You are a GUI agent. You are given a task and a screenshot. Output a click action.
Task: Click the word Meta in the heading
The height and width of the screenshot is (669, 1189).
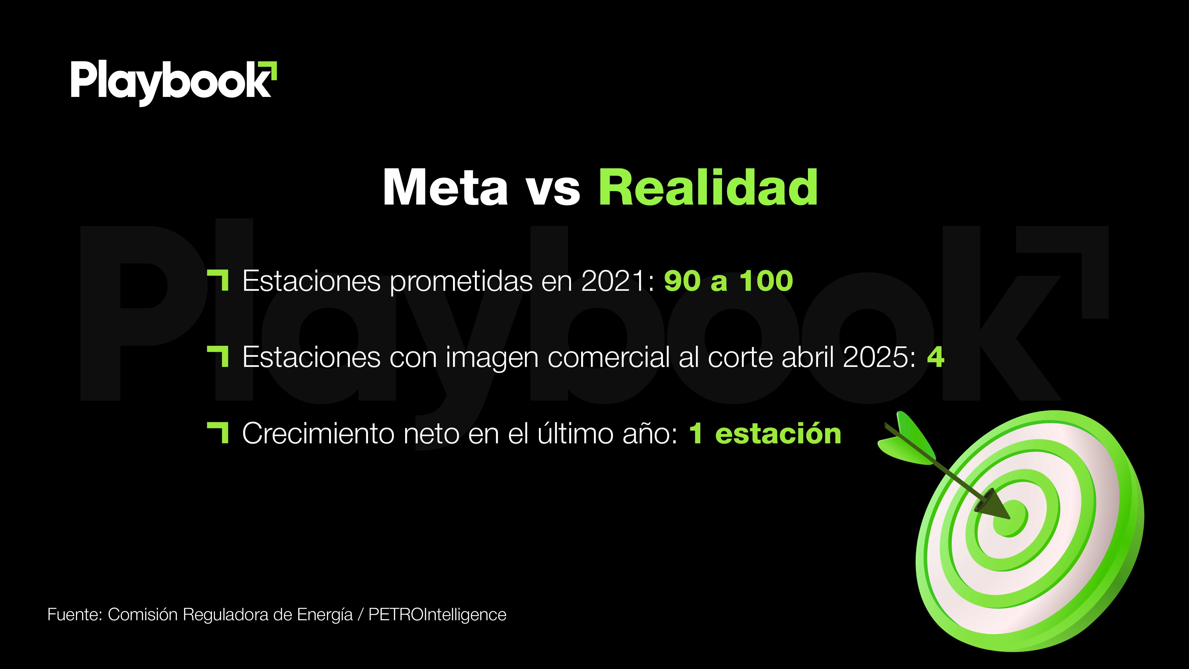pyautogui.click(x=445, y=187)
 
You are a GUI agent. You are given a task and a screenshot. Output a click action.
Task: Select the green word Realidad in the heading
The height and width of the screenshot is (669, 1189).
pyautogui.click(x=708, y=187)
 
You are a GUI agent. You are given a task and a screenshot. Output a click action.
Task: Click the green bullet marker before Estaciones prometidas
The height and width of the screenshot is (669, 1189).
pyautogui.click(x=218, y=280)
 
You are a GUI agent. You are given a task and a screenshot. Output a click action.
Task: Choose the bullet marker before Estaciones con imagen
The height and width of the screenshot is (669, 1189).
pyautogui.click(x=218, y=357)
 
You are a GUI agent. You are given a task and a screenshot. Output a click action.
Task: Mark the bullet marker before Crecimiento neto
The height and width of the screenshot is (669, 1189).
pyautogui.click(x=218, y=433)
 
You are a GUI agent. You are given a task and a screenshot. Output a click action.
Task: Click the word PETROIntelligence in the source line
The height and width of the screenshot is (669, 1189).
pyautogui.click(x=437, y=615)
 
